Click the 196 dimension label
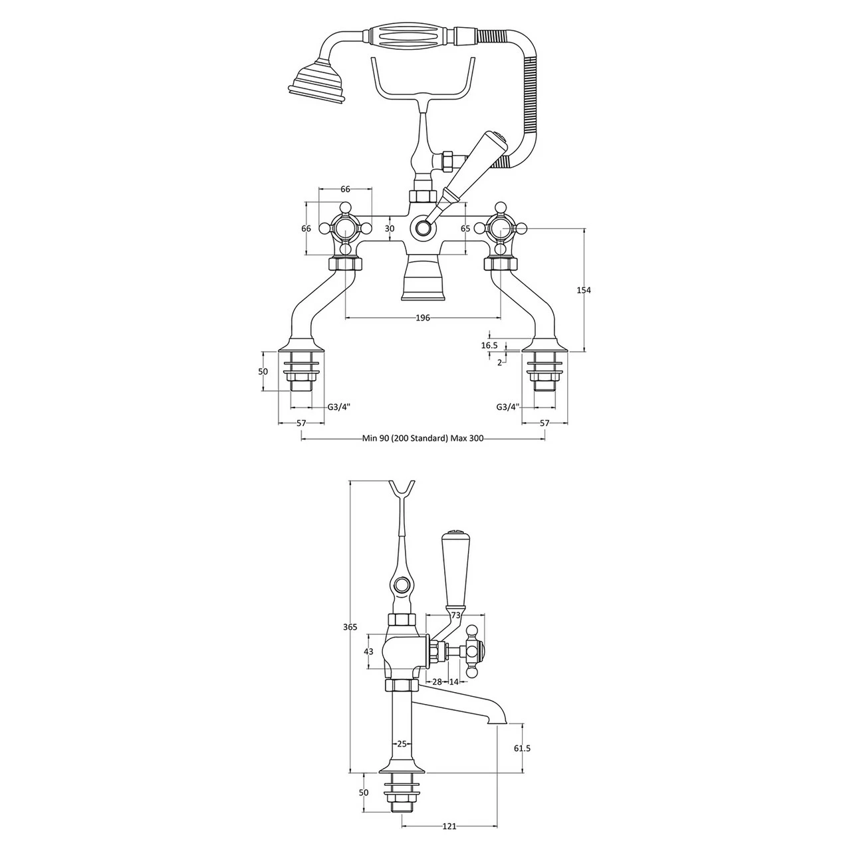tap(422, 318)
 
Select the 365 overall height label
tap(350, 627)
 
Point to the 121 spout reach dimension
tap(449, 826)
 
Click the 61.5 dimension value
tap(523, 748)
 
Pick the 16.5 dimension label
tap(489, 345)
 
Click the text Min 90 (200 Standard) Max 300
tap(423, 438)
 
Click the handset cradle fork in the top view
tap(423, 80)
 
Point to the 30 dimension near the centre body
tap(390, 229)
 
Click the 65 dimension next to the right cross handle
tap(465, 229)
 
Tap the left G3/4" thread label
tap(338, 407)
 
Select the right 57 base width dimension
tap(545, 423)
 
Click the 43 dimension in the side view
tap(368, 652)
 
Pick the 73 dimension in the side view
tap(455, 616)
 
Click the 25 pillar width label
tap(402, 744)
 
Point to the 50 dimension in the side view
tap(363, 792)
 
